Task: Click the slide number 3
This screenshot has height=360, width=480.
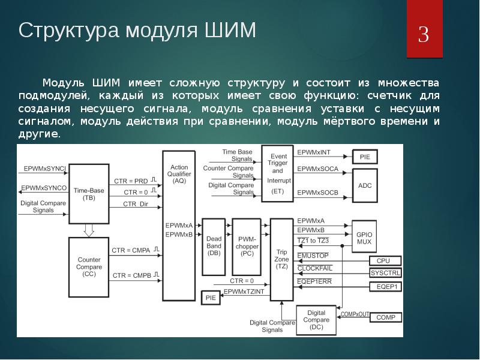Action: pyautogui.click(x=424, y=35)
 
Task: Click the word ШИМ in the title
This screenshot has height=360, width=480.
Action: pyautogui.click(x=230, y=30)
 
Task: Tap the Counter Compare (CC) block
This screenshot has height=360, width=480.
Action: pyautogui.click(x=89, y=266)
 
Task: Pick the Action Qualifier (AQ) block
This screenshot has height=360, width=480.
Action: pyautogui.click(x=179, y=173)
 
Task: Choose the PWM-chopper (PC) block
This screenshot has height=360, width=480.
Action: pyautogui.click(x=247, y=245)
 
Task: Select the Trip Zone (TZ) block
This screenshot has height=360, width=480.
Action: pyautogui.click(x=281, y=257)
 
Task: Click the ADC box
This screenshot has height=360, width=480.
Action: pyautogui.click(x=365, y=185)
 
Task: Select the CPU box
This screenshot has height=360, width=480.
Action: pyautogui.click(x=382, y=261)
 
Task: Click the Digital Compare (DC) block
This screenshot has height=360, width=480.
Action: pyautogui.click(x=316, y=319)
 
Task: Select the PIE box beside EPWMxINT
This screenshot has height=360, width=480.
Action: pyautogui.click(x=365, y=157)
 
